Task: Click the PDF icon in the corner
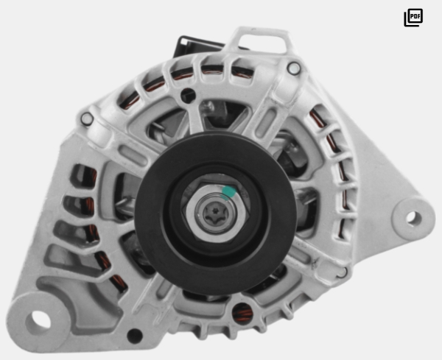tap(413, 18)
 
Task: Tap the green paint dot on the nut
tap(228, 192)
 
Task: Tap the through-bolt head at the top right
tap(294, 68)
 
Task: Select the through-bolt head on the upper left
tap(87, 119)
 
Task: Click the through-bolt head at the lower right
tap(342, 272)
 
